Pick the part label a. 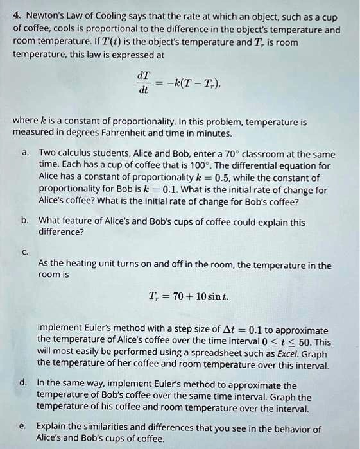(x=24, y=154)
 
